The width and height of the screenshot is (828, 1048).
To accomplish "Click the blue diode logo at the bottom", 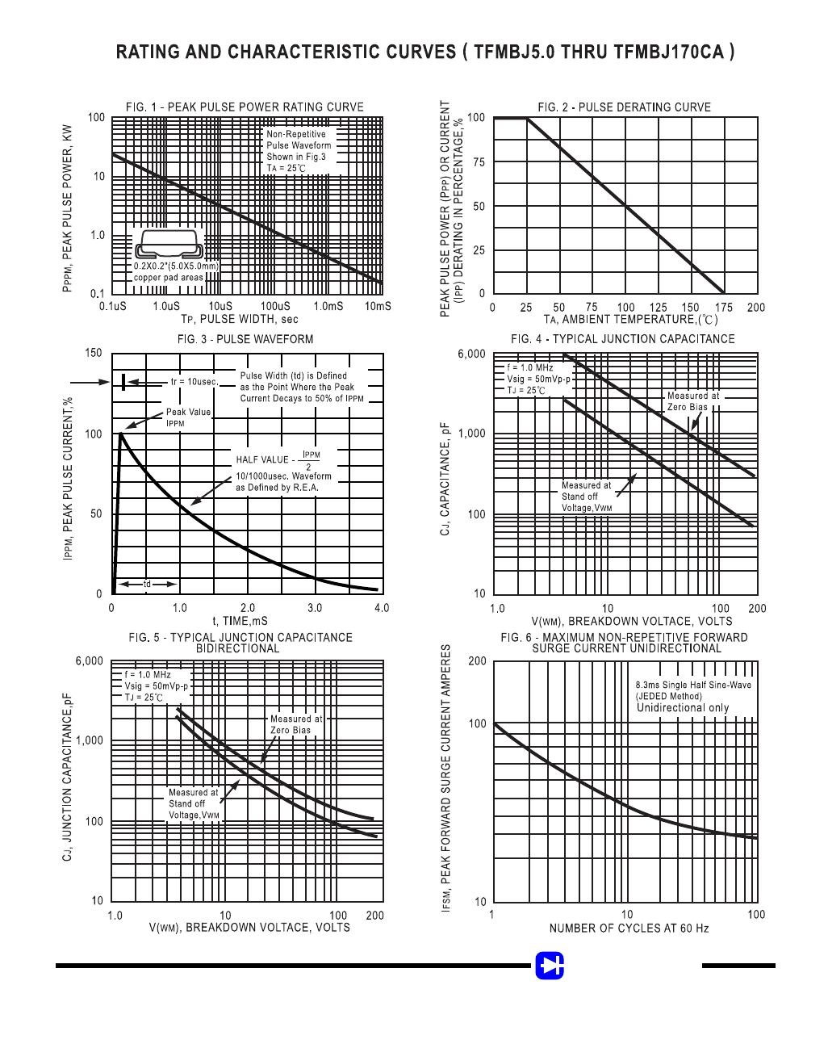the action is click(550, 965).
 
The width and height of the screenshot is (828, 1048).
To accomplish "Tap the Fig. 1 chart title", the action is click(245, 107).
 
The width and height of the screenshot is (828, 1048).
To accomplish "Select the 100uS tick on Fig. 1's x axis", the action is click(275, 306).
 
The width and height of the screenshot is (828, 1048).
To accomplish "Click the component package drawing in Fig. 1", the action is click(169, 244).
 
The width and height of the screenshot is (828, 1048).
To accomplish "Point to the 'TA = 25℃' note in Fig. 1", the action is click(286, 169).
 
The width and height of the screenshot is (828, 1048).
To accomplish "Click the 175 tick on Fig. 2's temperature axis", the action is click(724, 308).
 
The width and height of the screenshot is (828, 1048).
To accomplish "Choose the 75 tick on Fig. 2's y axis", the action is click(479, 162).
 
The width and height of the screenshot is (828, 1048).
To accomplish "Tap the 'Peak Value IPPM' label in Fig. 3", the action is click(188, 417).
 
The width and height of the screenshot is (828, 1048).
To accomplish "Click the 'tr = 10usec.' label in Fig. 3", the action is click(194, 382).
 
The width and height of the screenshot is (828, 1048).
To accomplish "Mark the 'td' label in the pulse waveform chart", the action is click(147, 584).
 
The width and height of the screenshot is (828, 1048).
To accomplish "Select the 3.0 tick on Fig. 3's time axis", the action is click(315, 608).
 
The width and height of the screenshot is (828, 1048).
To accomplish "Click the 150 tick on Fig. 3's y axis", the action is click(94, 353).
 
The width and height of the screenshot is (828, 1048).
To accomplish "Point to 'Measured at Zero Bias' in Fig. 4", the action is click(692, 401).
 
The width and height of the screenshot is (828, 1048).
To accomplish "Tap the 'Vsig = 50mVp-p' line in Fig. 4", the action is click(538, 379).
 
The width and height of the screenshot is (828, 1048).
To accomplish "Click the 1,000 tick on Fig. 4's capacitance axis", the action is click(471, 434).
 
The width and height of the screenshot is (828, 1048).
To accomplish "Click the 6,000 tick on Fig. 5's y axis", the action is click(89, 660).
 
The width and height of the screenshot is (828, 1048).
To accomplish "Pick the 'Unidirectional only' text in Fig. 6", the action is click(683, 707).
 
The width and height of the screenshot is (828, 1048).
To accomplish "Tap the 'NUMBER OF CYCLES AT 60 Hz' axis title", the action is click(629, 929).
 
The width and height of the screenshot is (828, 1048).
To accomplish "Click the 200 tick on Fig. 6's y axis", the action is click(477, 660).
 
